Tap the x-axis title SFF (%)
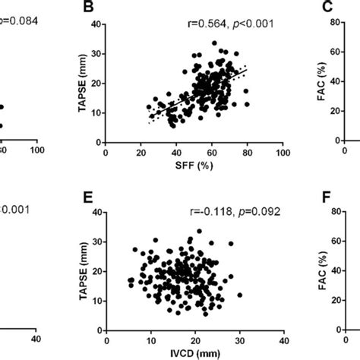click(x=194, y=165)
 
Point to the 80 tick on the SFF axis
click(x=247, y=152)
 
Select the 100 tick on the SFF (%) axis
click(x=283, y=152)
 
